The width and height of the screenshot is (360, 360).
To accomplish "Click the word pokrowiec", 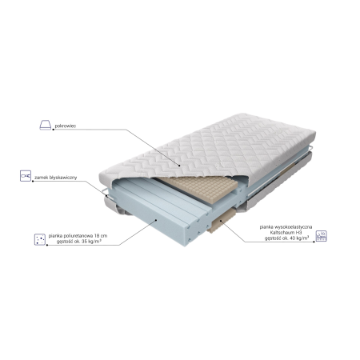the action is [x=66, y=126].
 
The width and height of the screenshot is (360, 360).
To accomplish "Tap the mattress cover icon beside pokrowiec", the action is [x=46, y=125].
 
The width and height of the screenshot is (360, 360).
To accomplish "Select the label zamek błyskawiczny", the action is [x=56, y=178].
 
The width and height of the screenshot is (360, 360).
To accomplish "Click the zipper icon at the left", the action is [x=26, y=176].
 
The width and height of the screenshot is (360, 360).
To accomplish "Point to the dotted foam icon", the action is [x=40, y=239].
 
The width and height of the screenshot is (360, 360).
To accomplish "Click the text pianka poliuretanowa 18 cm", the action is [x=78, y=236].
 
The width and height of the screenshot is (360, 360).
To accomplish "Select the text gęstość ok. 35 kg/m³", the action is [x=79, y=242].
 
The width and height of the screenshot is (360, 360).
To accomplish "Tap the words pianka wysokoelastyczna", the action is [x=286, y=227].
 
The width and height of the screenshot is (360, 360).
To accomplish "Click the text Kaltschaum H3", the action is [x=286, y=233].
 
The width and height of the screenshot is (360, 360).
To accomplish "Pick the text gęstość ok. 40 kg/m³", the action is [x=287, y=238].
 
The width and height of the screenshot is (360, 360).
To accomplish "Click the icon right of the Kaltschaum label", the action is [x=321, y=236].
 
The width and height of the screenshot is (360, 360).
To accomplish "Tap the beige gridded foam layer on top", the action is [x=198, y=187].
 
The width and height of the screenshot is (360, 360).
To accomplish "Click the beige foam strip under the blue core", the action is [x=222, y=220].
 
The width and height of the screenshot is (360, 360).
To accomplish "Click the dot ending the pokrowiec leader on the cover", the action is [x=180, y=166].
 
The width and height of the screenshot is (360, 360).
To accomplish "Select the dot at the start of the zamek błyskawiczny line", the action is [x=33, y=182].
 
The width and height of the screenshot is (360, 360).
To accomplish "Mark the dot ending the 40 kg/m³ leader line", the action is [x=314, y=242].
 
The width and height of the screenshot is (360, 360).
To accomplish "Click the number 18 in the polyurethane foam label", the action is [x=97, y=236].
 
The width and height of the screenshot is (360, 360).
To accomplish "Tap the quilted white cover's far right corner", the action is [x=315, y=133].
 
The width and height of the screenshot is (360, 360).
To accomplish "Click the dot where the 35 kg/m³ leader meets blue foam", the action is [x=156, y=220].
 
